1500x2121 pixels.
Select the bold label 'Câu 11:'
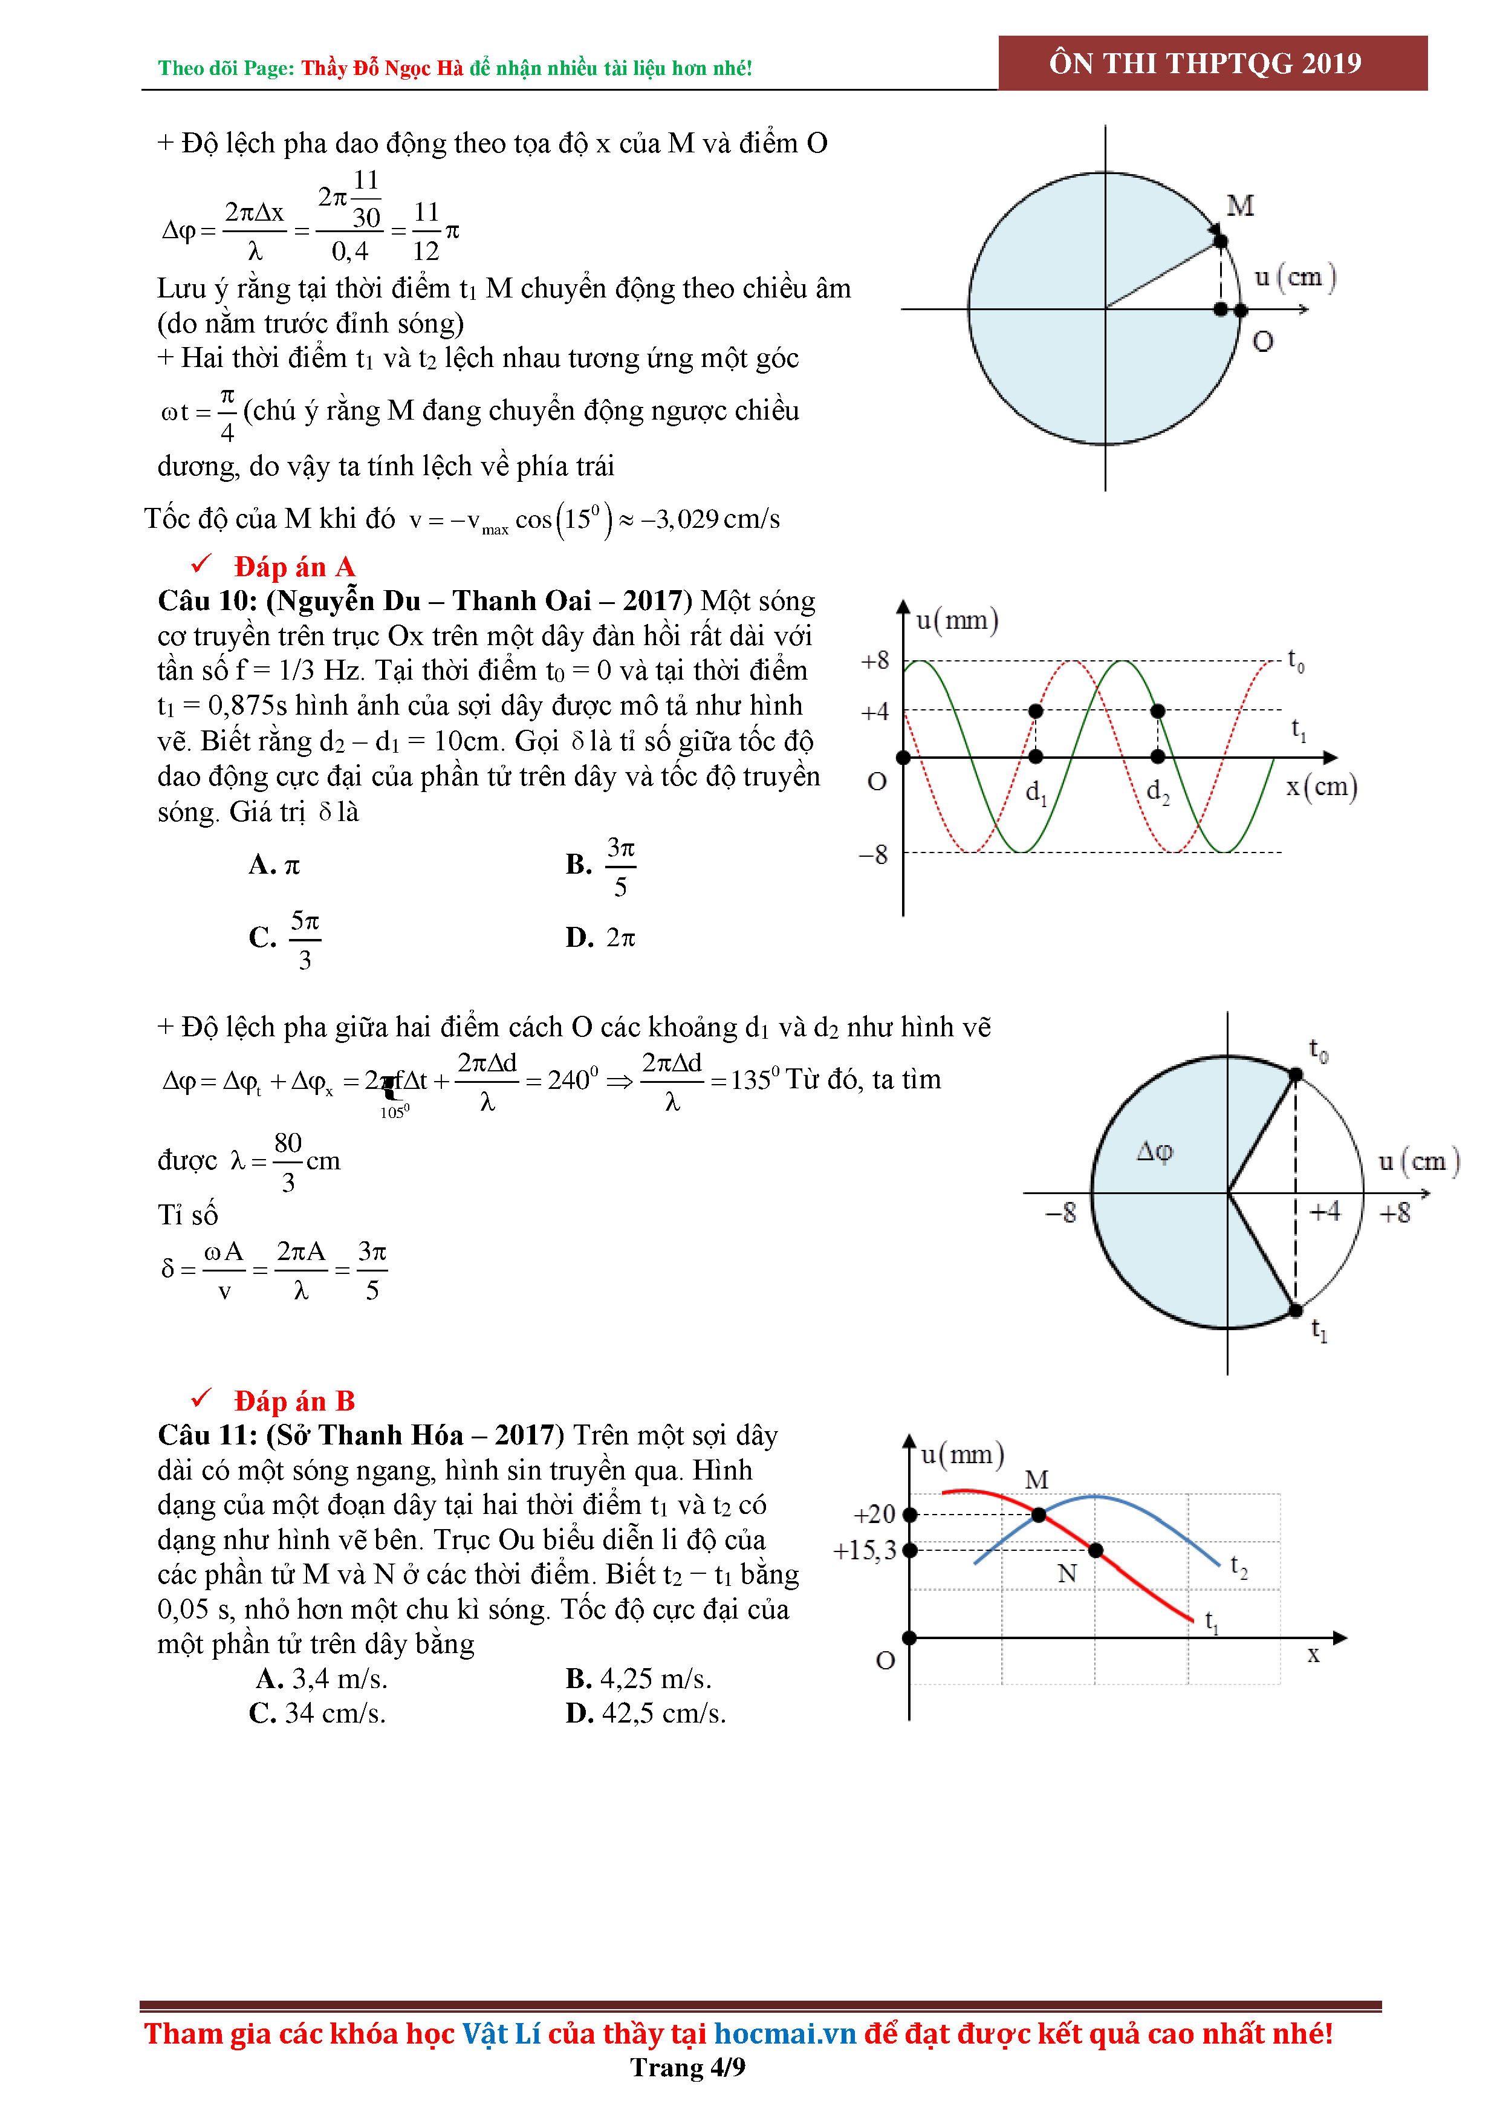tap(208, 1435)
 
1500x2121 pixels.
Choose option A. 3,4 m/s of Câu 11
tap(322, 1678)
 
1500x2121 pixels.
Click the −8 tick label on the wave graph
tap(873, 854)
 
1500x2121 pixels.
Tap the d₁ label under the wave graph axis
tap(1036, 791)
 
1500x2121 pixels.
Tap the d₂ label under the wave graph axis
tap(1157, 791)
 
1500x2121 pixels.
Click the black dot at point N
tap(1096, 1550)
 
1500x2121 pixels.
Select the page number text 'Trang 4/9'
tap(687, 2067)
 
